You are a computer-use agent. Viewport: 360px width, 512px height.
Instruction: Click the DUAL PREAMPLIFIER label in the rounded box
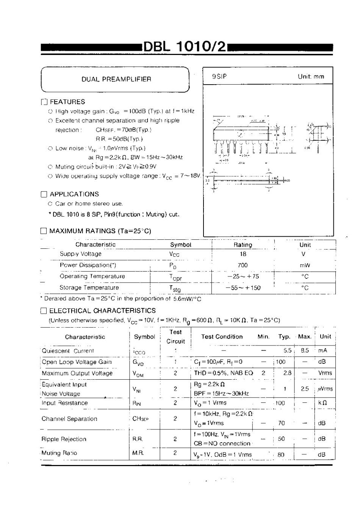click(x=116, y=79)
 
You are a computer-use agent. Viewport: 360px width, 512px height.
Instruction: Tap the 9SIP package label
click(x=219, y=76)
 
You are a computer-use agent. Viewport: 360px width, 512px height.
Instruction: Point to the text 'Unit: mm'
click(x=311, y=76)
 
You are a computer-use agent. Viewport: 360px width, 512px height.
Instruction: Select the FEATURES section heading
click(x=67, y=102)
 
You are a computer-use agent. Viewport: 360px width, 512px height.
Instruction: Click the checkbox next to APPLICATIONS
click(x=44, y=195)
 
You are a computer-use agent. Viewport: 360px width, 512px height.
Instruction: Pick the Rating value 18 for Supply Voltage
click(x=243, y=254)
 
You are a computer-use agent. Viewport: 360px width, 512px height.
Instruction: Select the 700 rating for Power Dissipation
click(x=243, y=265)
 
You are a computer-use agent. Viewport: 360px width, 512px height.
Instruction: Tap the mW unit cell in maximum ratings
click(x=305, y=265)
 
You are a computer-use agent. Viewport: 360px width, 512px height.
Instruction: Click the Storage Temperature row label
click(x=89, y=287)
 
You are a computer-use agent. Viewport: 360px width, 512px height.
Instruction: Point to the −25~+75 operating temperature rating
click(x=243, y=276)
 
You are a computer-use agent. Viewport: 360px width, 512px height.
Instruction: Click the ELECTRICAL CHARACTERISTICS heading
click(x=102, y=311)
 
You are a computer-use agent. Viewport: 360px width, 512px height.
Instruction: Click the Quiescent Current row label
click(x=68, y=351)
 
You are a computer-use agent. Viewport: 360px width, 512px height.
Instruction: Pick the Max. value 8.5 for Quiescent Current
click(x=305, y=351)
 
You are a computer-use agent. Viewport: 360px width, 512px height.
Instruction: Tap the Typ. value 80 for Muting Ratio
click(x=281, y=455)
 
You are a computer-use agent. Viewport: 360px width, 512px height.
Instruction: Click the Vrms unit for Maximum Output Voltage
click(x=325, y=373)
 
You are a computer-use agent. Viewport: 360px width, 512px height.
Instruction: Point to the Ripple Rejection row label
click(x=64, y=439)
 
